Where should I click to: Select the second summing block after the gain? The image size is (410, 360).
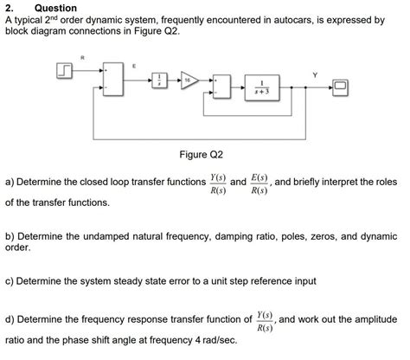pos(223,87)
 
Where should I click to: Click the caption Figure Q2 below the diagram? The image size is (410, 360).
pos(201,154)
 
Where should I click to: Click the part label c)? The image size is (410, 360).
pos(10,281)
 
